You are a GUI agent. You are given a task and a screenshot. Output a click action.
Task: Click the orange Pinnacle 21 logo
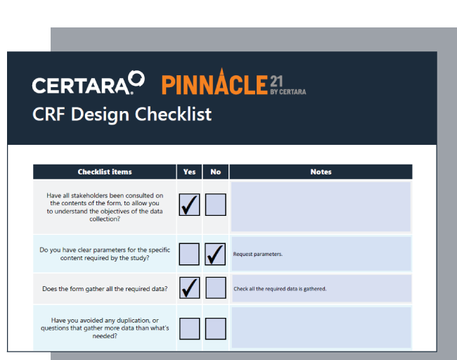[233, 83]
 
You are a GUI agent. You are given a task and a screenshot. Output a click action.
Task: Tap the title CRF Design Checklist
[122, 114]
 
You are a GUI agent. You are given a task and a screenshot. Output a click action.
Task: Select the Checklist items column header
[105, 172]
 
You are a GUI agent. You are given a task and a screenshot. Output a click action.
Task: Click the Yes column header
[189, 172]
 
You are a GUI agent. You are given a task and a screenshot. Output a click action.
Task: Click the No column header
[215, 172]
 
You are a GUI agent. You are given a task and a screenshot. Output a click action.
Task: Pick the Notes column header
[321, 172]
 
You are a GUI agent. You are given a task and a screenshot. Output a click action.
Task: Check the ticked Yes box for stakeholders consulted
[189, 205]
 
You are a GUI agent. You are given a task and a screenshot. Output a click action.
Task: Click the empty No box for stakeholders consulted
[215, 205]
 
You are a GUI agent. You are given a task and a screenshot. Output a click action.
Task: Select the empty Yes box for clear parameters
[189, 254]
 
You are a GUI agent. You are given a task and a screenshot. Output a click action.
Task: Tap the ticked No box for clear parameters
[215, 254]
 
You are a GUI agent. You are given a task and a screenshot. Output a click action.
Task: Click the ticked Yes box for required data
[189, 288]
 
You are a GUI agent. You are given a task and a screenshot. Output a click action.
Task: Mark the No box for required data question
[215, 288]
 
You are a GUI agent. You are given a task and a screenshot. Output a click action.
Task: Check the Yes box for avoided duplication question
[189, 328]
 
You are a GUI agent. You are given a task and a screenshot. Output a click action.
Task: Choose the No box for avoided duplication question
[215, 328]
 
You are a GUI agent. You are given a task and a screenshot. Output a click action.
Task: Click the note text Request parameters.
[258, 254]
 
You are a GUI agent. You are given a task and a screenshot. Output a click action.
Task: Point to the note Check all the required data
[280, 289]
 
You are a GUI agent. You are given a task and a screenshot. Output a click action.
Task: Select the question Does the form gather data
[105, 288]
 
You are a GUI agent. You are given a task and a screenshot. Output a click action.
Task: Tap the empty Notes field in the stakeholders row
[321, 207]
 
